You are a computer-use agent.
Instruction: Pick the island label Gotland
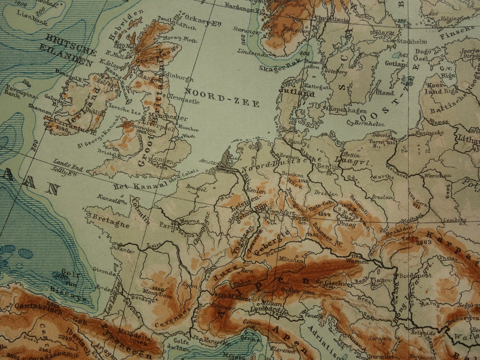click(x=396, y=64)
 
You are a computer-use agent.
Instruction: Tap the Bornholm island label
click(x=363, y=124)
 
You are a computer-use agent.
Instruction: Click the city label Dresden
click(x=326, y=193)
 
